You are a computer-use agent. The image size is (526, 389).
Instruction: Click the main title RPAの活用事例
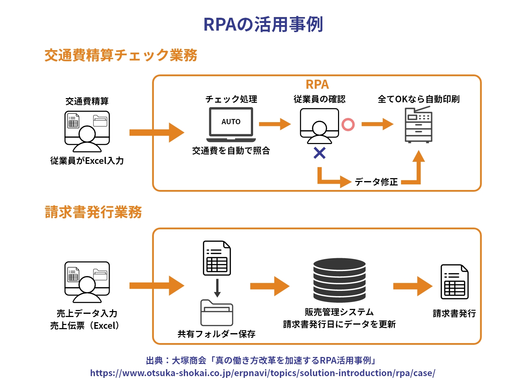pos(263,24)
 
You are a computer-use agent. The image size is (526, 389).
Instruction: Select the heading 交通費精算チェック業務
pos(121,55)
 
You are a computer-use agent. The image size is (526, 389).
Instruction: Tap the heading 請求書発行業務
pos(93,212)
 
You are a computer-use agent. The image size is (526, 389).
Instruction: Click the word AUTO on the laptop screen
pos(231,122)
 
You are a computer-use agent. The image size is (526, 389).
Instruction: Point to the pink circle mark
pos(348,125)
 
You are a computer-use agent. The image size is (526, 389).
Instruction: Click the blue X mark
pos(320,153)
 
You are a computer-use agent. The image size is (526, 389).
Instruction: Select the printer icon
pos(418,125)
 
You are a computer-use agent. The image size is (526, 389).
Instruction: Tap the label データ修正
pos(376,182)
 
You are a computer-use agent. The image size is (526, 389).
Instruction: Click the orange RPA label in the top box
pos(317,85)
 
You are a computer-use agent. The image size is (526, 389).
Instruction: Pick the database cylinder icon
pos(339,280)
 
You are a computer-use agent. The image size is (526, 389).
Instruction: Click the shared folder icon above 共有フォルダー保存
pos(217,313)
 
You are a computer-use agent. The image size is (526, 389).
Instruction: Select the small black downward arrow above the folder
pos(217,288)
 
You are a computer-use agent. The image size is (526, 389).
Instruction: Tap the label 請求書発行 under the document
pos(454,313)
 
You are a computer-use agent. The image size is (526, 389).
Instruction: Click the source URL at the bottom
pos(262,373)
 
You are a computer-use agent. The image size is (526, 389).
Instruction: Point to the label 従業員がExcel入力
pos(87,161)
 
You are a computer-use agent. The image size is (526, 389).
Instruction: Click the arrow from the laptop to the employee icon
pos(275,124)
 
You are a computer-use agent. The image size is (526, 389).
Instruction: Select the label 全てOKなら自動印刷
pos(418,99)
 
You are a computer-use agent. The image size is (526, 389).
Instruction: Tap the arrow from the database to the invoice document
pos(413,286)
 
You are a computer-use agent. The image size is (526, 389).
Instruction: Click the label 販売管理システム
pos(339,312)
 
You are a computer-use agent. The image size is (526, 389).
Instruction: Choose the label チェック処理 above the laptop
pos(231,99)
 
